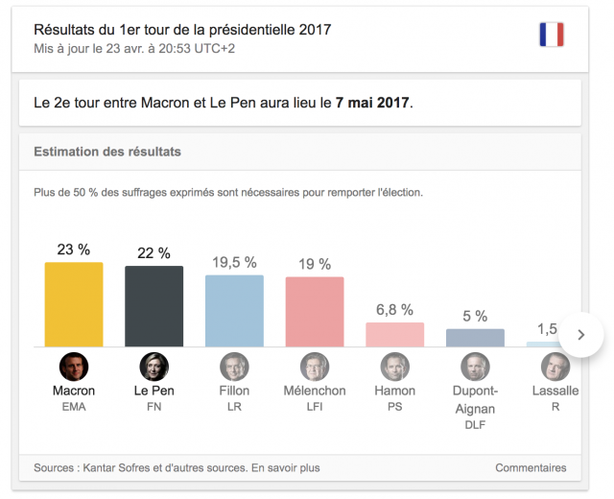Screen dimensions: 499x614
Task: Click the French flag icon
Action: [551, 36]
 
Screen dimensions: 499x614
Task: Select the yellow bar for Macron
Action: [74, 304]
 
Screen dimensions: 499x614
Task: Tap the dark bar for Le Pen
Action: [153, 306]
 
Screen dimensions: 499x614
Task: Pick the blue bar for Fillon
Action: [234, 311]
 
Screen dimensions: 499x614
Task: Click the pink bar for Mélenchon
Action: [315, 312]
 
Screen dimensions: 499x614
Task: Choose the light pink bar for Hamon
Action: [394, 334]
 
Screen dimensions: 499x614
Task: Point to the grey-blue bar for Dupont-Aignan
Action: [475, 338]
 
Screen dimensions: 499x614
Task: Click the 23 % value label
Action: [74, 249]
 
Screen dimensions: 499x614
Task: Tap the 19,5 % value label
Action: [234, 262]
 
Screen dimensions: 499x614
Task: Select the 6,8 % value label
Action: [394, 309]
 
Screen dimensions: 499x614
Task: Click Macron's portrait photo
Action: [74, 366]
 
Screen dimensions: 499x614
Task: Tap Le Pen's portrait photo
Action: [153, 366]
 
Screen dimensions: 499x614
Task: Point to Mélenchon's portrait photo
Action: [315, 366]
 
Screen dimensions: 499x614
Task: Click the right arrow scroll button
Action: [580, 335]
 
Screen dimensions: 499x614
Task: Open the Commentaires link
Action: [531, 467]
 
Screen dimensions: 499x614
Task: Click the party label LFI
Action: [315, 407]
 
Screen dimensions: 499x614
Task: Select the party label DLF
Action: [475, 423]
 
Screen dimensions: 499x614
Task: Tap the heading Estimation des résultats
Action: [107, 152]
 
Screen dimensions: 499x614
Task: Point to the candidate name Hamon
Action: [394, 391]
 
